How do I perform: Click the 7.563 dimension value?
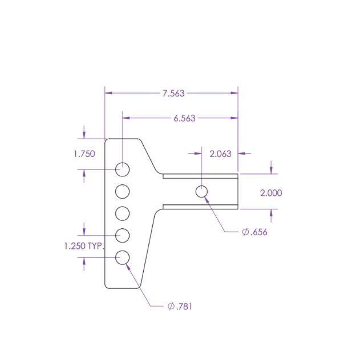(x=173, y=93)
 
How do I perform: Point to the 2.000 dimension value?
(x=271, y=193)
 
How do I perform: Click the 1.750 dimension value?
(x=84, y=154)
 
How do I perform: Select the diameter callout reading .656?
(x=254, y=232)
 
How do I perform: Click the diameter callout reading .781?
(x=180, y=306)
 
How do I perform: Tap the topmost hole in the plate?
(x=123, y=169)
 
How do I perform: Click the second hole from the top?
(x=123, y=191)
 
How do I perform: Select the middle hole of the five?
(x=123, y=213)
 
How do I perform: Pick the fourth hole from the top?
(x=123, y=235)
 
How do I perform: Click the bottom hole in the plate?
(x=123, y=257)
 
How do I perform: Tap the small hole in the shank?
(x=202, y=192)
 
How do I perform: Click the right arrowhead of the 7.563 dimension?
(x=234, y=93)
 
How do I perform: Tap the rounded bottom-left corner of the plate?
(x=107, y=285)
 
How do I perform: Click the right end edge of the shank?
(x=237, y=192)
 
